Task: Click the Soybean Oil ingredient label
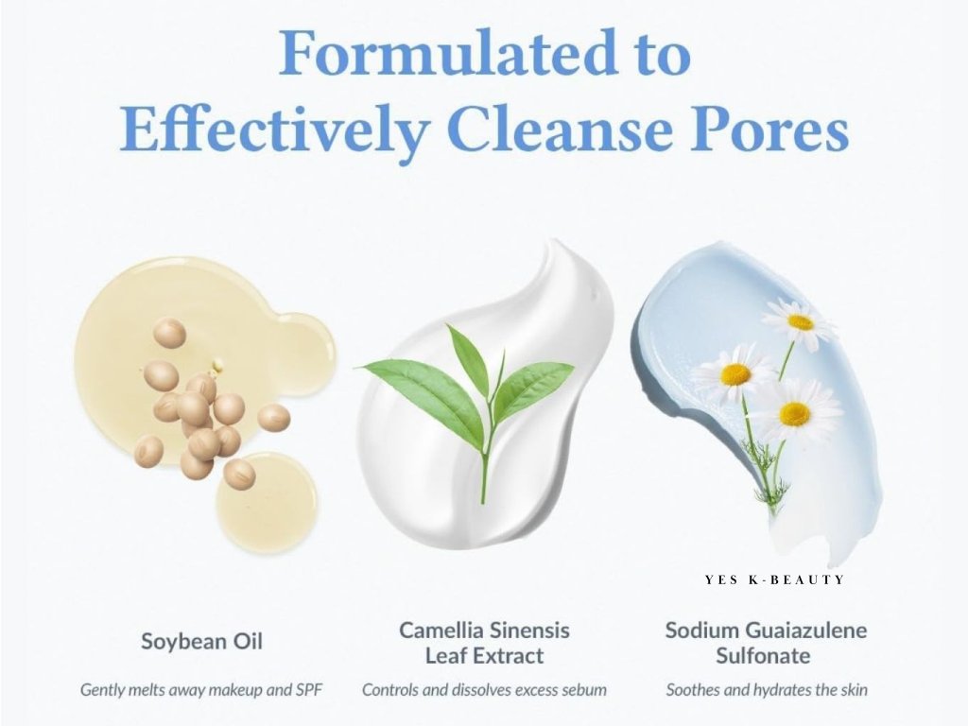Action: coord(202,642)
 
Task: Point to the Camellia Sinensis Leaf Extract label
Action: coord(485,643)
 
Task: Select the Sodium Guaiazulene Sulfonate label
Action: coord(766,643)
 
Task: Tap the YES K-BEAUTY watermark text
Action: coord(774,579)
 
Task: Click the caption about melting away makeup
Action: coord(201,689)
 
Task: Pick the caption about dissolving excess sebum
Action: coord(485,689)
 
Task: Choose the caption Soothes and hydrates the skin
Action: coord(767,689)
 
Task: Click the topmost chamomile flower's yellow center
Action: coord(801,322)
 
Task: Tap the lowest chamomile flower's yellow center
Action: coord(794,414)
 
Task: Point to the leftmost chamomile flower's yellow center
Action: coord(735,374)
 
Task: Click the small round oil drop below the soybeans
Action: coord(267,500)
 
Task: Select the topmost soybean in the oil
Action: coord(169,333)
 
